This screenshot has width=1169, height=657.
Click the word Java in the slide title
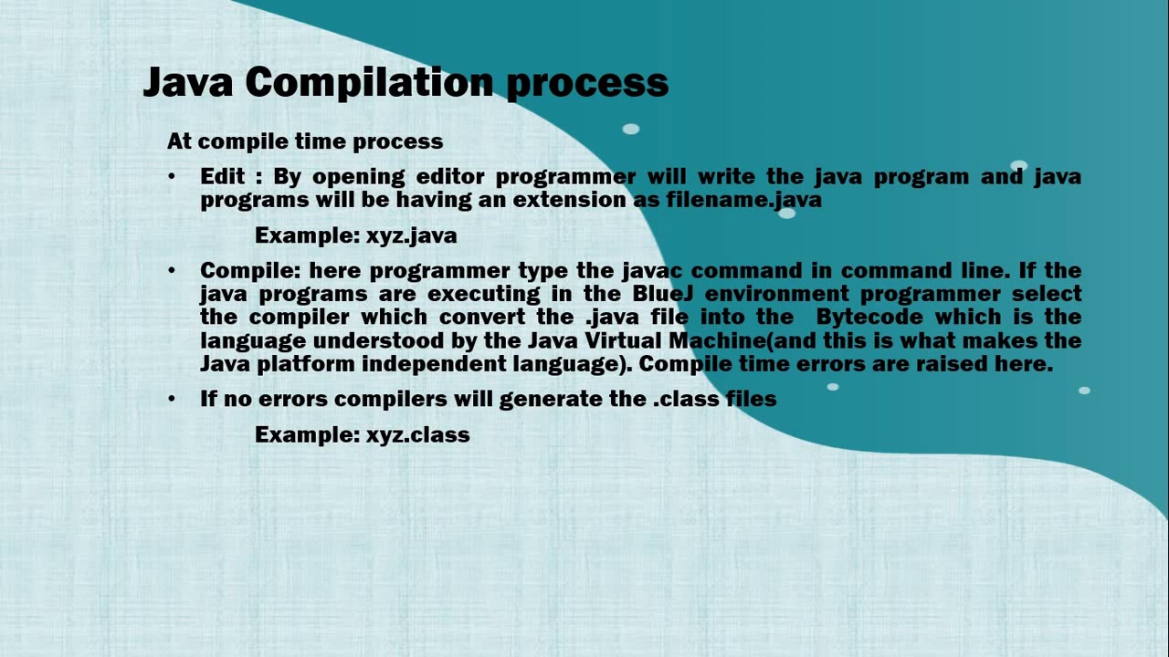(188, 82)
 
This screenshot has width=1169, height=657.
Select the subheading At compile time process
(305, 141)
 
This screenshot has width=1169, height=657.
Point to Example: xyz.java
(355, 235)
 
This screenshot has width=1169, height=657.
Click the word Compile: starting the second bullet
(250, 271)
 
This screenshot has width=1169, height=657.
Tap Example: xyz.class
(362, 434)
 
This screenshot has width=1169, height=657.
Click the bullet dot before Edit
(172, 176)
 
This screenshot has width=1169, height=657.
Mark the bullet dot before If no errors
(172, 399)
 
